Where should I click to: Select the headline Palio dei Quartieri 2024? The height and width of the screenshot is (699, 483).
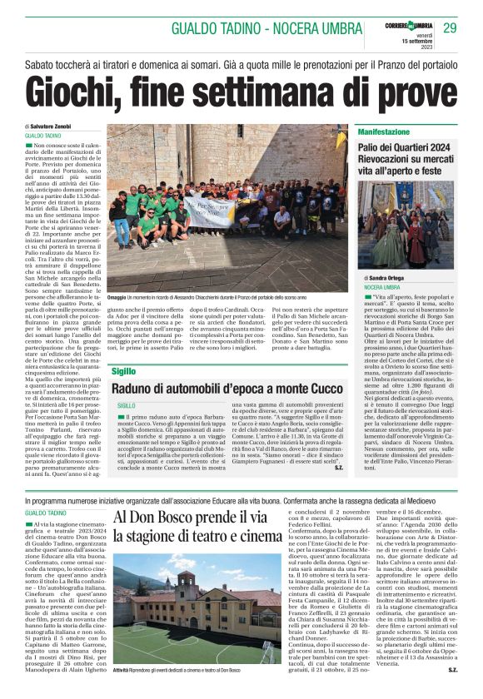pyautogui.click(x=405, y=146)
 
